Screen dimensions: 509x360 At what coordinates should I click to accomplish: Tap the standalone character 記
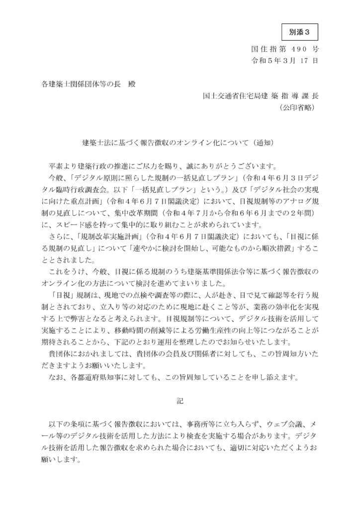click(180, 401)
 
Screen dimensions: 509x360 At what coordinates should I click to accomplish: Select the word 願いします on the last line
click(58, 460)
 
